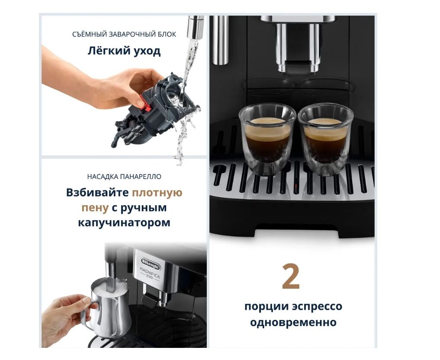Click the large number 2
tap(291, 277)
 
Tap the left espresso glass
tap(267, 139)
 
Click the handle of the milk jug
tap(89, 315)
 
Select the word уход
tap(148, 51)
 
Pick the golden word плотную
tap(157, 193)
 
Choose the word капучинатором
tap(124, 223)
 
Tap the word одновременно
tap(293, 322)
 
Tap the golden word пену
tap(95, 208)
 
